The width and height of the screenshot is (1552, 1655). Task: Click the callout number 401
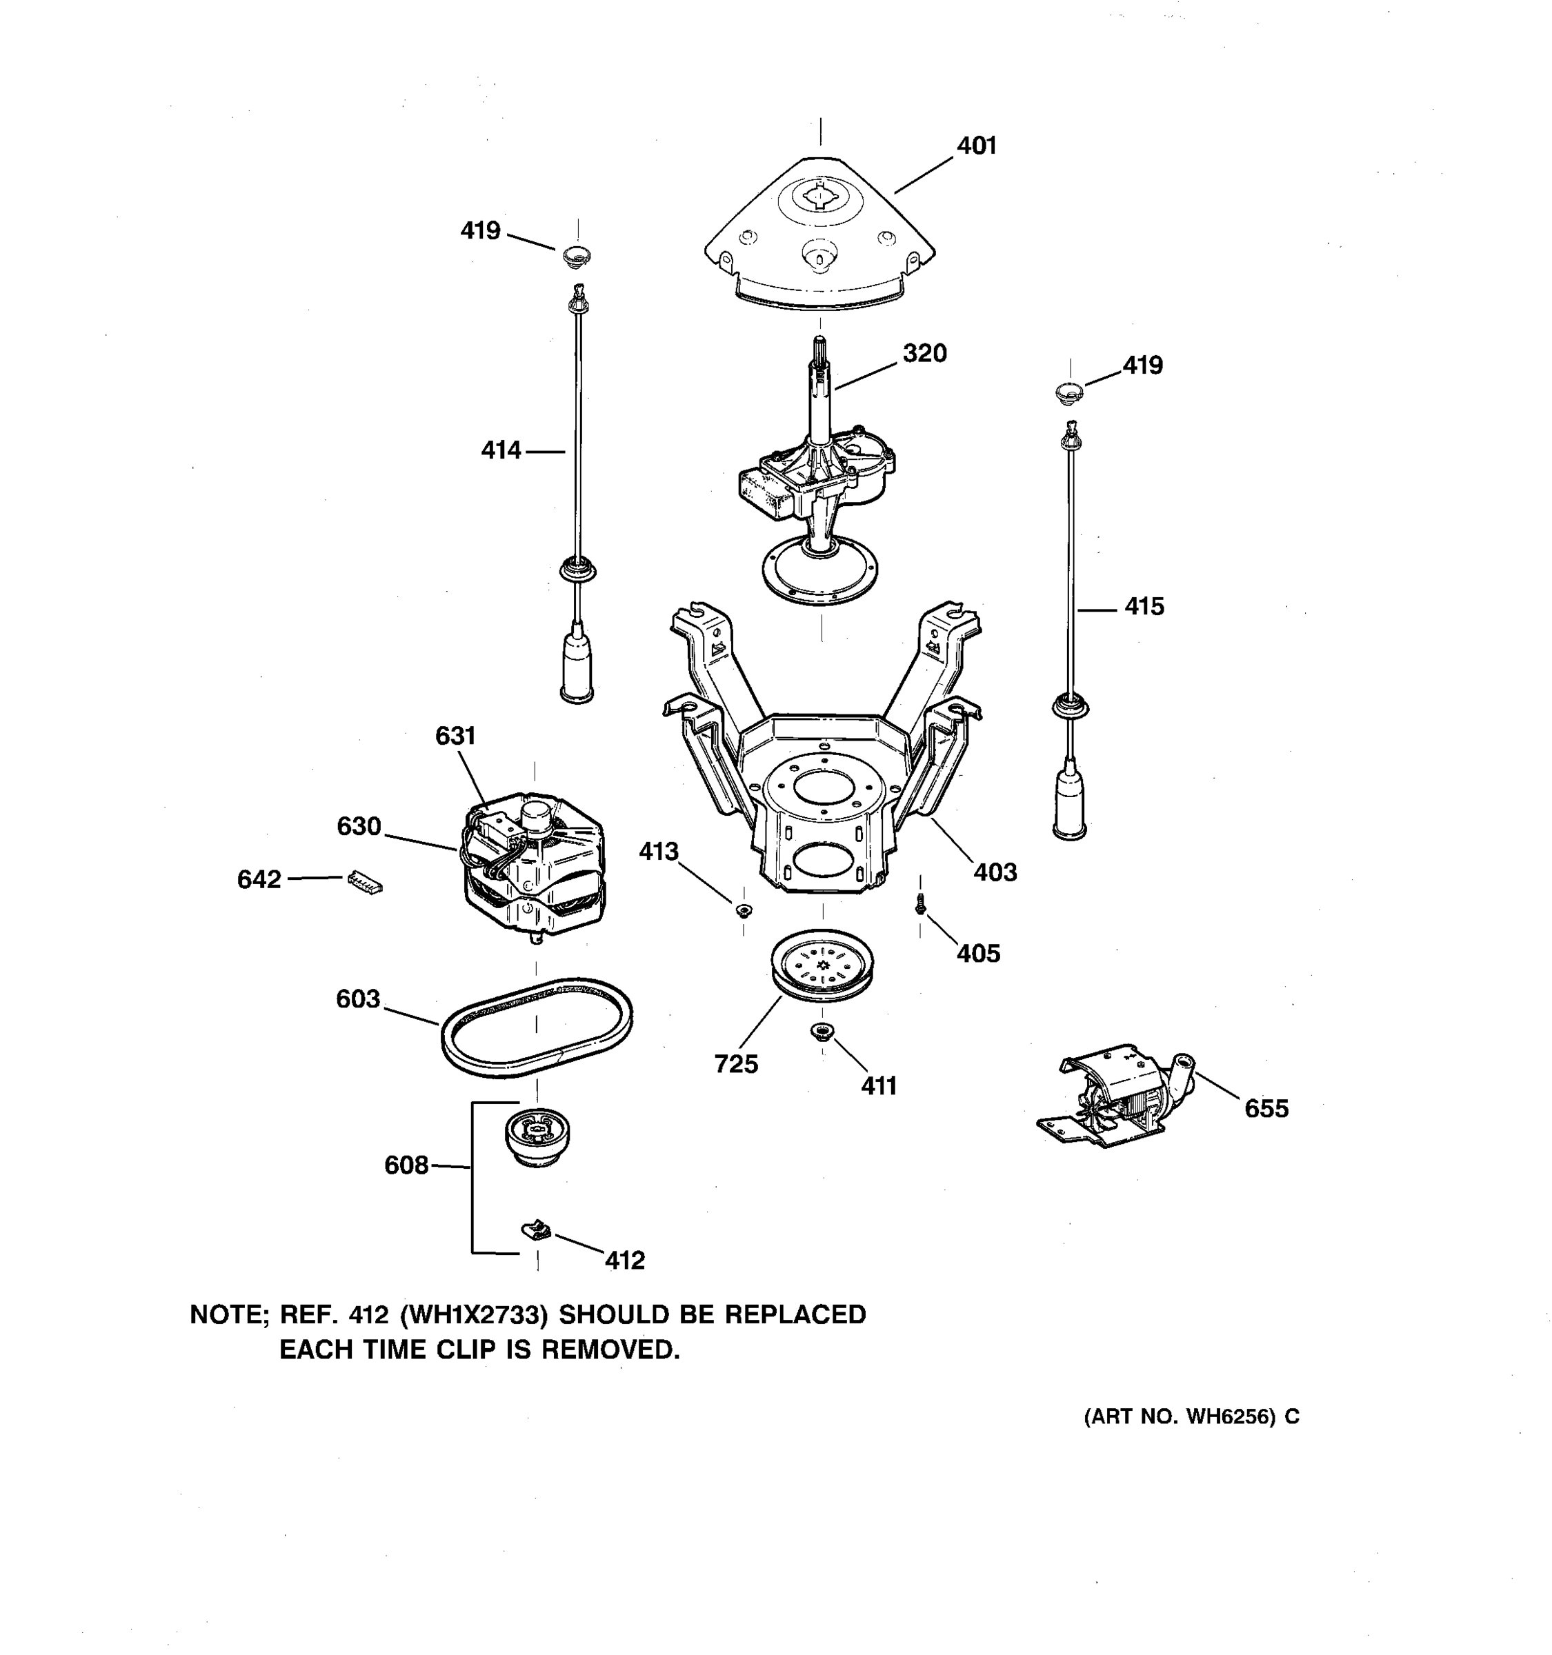[x=976, y=146]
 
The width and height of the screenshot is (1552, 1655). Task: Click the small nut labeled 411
[x=822, y=1033]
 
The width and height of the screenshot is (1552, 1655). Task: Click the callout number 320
[x=924, y=353]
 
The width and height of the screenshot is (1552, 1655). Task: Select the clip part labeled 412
[x=537, y=1228]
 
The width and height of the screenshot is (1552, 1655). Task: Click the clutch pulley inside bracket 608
[x=537, y=1136]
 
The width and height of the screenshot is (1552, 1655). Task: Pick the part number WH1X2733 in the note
[x=474, y=1314]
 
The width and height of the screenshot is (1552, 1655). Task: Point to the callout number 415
[x=1144, y=606]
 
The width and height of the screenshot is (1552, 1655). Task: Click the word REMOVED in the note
[x=610, y=1350]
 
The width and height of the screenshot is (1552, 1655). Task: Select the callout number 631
[x=455, y=736]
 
